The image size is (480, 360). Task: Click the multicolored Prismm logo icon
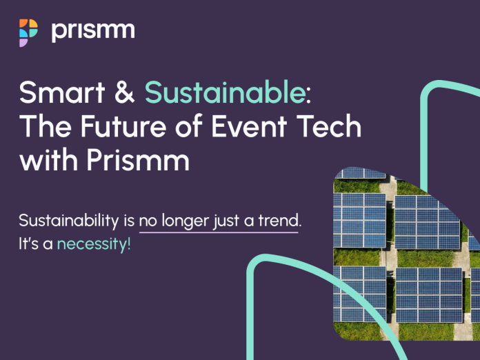(28, 32)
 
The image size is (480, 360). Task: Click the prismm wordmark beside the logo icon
(93, 32)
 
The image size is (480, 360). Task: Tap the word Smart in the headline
(62, 92)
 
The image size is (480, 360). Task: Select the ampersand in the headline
(125, 92)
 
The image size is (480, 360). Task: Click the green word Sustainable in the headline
(225, 92)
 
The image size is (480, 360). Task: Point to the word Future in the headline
(123, 126)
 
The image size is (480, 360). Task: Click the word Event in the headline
(249, 126)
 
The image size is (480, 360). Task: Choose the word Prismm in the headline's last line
(138, 160)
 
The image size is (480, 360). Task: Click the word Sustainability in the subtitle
(69, 221)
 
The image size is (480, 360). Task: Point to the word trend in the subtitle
(279, 220)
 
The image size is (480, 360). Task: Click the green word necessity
(94, 244)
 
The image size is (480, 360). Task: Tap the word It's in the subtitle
(29, 243)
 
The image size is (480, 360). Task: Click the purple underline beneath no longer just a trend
(219, 232)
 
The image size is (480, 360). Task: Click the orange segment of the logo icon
(23, 23)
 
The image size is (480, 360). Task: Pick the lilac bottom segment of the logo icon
(23, 43)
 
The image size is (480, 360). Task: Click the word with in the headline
(48, 160)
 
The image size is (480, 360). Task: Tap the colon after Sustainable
(308, 96)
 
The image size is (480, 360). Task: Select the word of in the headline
(189, 126)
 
